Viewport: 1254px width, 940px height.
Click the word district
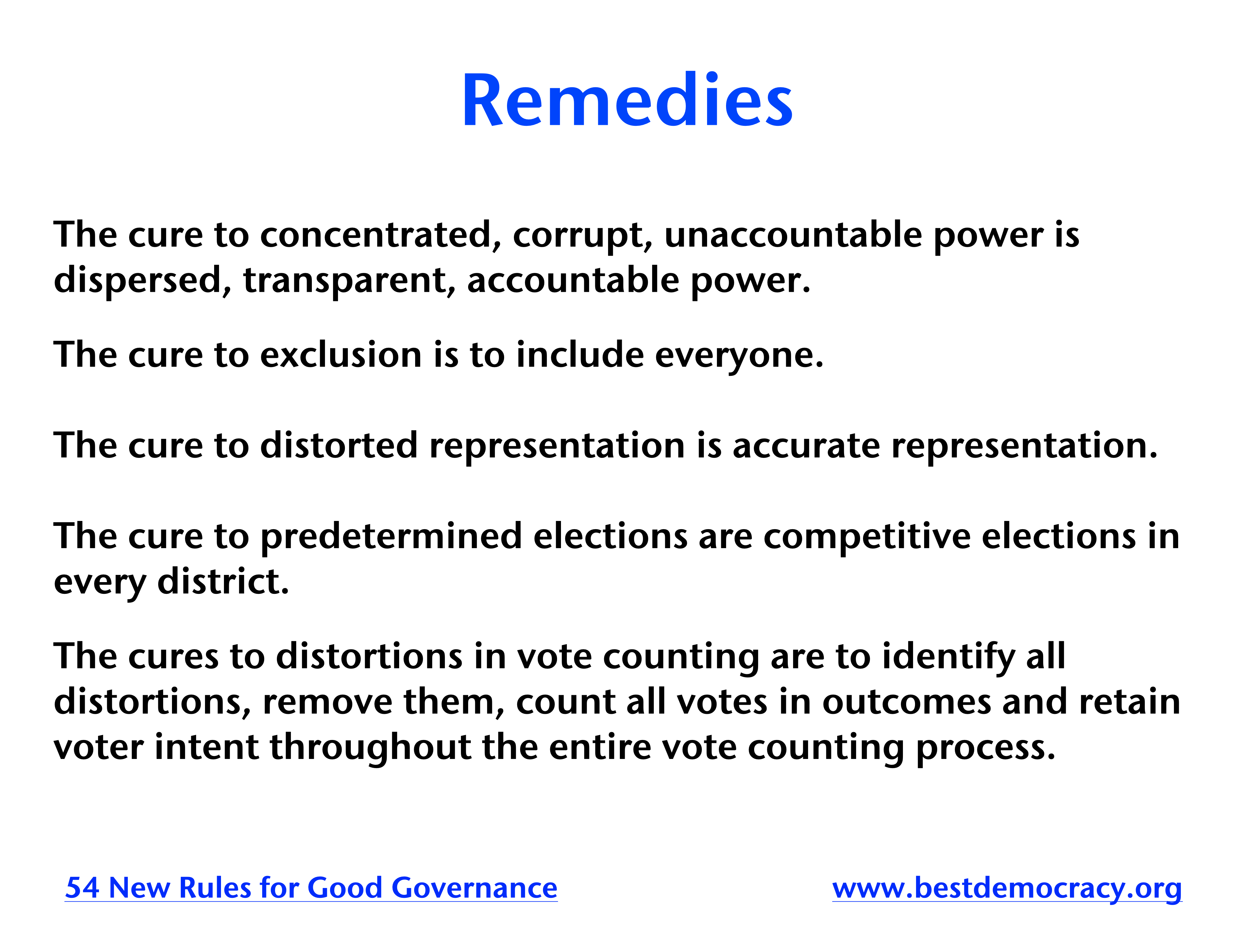(223, 582)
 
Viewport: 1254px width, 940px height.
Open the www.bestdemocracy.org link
(1007, 888)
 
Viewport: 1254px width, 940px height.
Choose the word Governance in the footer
(475, 888)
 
